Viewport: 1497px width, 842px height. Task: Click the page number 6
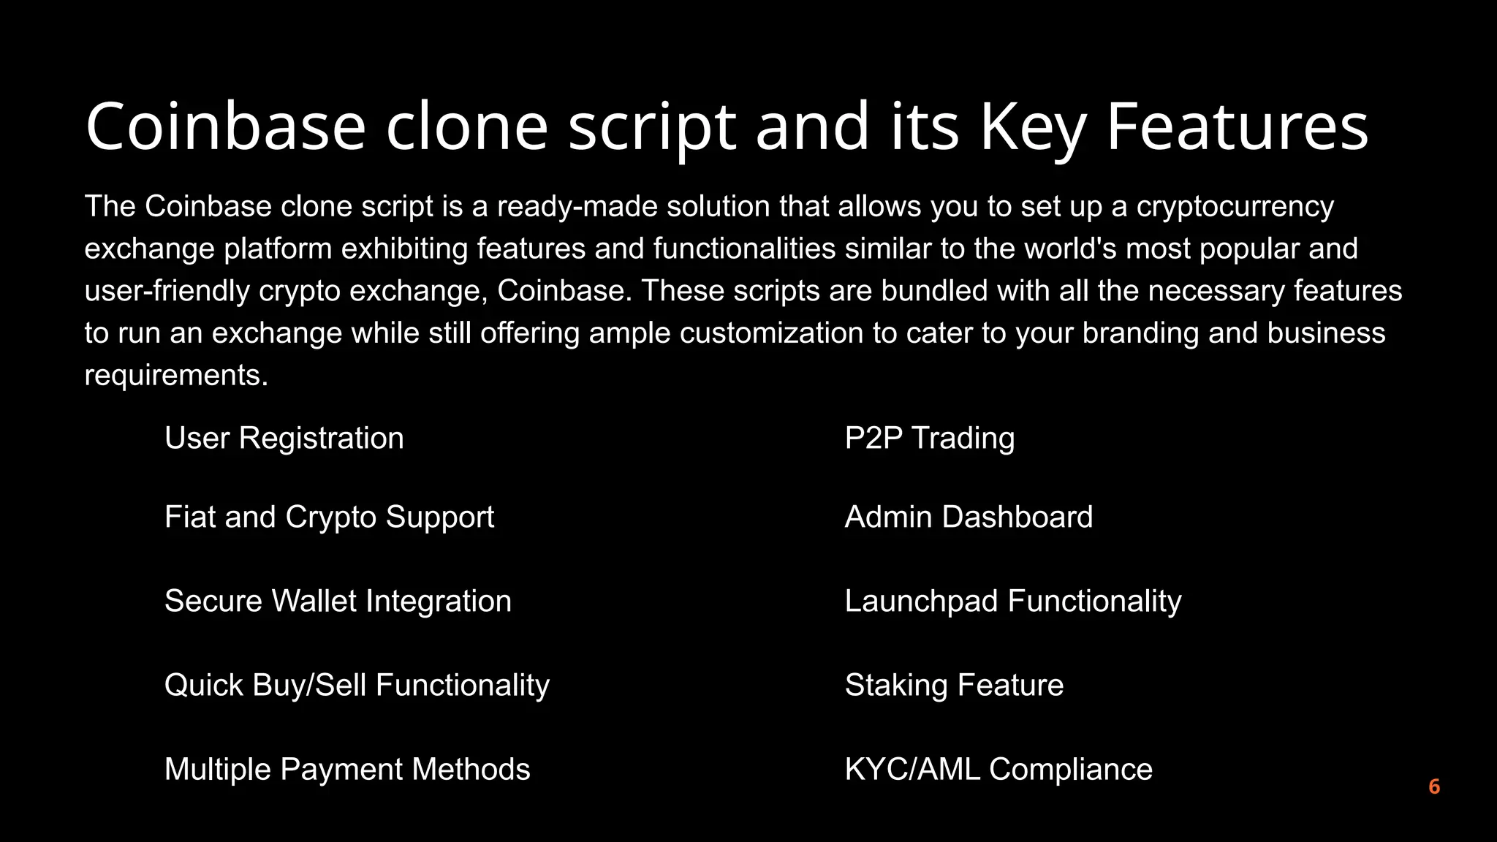click(x=1434, y=786)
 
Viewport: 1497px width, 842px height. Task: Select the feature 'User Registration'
click(x=284, y=439)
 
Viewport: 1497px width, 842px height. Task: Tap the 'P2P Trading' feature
click(x=930, y=439)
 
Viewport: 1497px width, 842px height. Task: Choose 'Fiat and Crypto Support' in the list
click(x=329, y=517)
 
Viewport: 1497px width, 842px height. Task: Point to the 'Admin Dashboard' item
click(x=969, y=517)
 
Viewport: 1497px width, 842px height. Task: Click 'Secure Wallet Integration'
click(x=338, y=602)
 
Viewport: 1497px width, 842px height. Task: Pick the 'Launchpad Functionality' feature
click(x=1013, y=602)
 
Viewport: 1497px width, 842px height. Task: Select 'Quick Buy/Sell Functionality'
click(x=357, y=686)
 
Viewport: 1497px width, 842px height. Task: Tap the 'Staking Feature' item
click(x=954, y=686)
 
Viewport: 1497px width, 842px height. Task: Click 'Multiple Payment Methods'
click(x=347, y=770)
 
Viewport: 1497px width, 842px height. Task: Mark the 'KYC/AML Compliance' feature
click(x=998, y=770)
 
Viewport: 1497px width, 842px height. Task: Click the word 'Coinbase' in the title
click(x=225, y=126)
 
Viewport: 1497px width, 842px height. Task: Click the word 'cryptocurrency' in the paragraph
click(x=1235, y=207)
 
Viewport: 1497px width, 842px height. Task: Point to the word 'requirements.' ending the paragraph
click(x=176, y=376)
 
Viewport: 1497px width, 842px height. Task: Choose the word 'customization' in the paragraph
click(x=771, y=333)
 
